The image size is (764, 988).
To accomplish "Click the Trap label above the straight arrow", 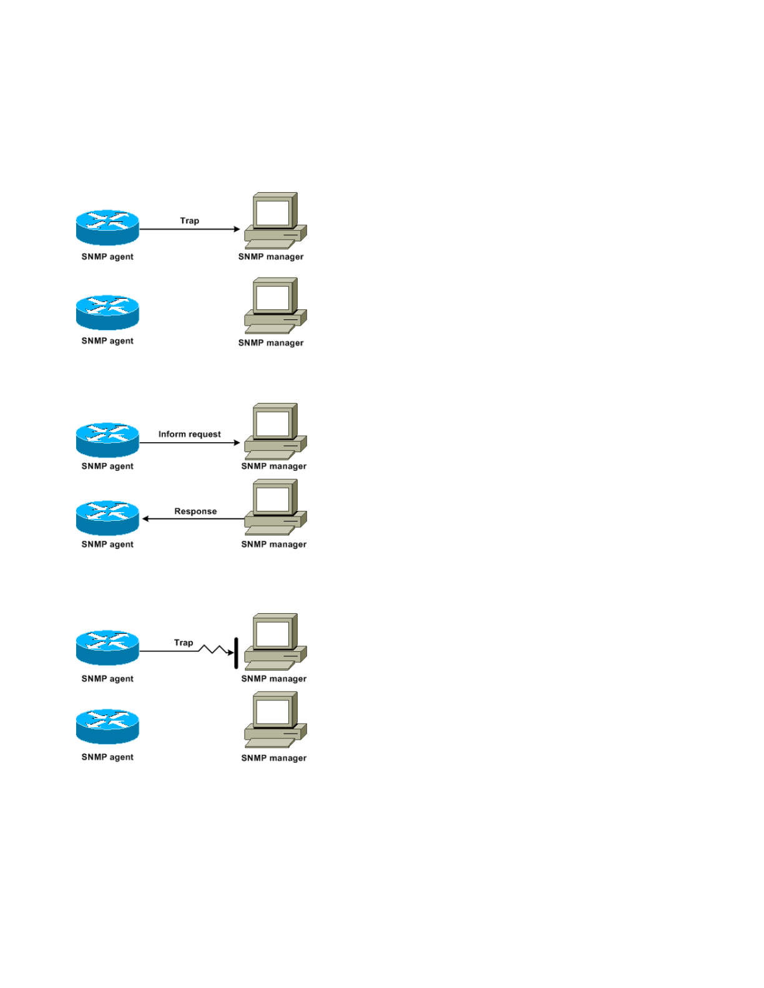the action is coord(189,221).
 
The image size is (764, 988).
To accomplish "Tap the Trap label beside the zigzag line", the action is coord(184,642).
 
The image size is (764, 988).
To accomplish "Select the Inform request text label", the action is coord(189,434).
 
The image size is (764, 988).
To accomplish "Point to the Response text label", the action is coord(195,511).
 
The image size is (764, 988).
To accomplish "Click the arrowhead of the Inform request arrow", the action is coord(237,443).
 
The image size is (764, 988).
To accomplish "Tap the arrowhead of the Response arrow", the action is coord(145,519).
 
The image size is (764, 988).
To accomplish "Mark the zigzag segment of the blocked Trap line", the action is coord(213,649).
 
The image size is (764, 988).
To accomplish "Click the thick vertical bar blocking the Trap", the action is coord(236,653).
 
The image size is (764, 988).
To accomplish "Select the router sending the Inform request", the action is coord(107,440).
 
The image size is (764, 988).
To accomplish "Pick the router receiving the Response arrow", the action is coord(107,518).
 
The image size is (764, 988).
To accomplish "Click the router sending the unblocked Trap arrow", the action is coord(107,227).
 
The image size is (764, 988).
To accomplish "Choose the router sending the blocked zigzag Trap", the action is coord(107,647).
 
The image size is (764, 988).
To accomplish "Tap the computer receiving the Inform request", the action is coord(275,432).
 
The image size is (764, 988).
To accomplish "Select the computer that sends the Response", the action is coord(275,508).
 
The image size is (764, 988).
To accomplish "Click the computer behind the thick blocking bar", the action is coord(275,642).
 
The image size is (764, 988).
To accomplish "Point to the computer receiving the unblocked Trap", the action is coord(275,221).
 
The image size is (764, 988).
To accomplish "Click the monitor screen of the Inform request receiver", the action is coord(273,424).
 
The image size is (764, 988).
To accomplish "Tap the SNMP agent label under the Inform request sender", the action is coord(107,467).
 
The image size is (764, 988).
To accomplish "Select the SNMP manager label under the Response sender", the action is coord(273,545).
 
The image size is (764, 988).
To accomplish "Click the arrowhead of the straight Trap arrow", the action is coord(237,230).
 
